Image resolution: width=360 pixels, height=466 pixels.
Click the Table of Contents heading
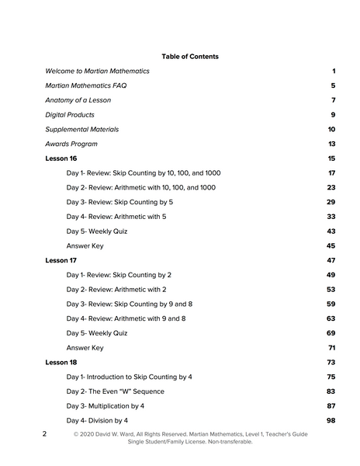pyautogui.click(x=190, y=57)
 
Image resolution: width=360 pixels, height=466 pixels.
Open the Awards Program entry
pyautogui.click(x=71, y=144)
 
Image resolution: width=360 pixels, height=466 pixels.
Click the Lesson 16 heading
pyautogui.click(x=61, y=158)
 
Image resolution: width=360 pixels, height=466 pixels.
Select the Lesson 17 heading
pyautogui.click(x=61, y=260)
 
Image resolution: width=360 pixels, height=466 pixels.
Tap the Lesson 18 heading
pyautogui.click(x=61, y=362)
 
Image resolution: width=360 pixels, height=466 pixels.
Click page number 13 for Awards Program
pyautogui.click(x=331, y=144)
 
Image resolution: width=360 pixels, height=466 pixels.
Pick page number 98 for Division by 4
pyautogui.click(x=331, y=420)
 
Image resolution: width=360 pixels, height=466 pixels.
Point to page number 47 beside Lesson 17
pyautogui.click(x=331, y=260)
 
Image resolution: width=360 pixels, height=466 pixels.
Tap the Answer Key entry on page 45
pyautogui.click(x=85, y=245)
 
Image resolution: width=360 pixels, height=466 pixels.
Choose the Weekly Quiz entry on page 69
pyautogui.click(x=97, y=333)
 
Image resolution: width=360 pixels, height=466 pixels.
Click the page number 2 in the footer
pyautogui.click(x=45, y=434)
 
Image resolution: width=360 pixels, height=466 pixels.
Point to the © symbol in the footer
pyautogui.click(x=77, y=434)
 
